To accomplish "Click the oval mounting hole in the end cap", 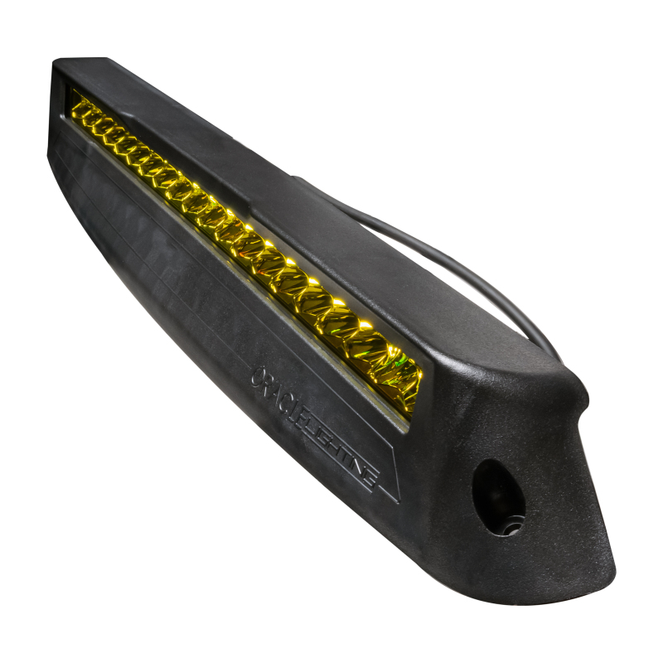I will (x=499, y=496).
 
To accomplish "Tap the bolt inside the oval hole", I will (x=510, y=523).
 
